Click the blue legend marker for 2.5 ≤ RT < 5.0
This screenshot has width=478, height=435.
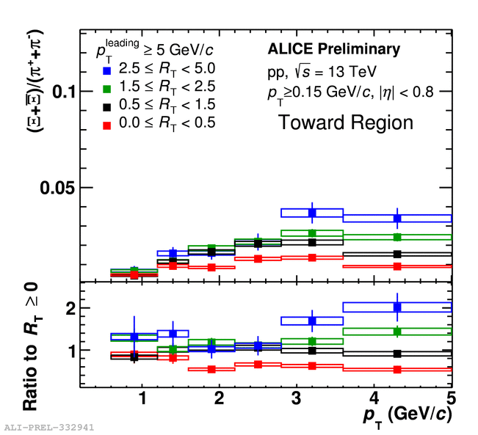(106, 71)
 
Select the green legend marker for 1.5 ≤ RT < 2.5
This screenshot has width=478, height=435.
(106, 89)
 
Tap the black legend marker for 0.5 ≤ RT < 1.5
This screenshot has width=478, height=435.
(106, 106)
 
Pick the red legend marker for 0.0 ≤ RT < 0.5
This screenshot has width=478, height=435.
(106, 123)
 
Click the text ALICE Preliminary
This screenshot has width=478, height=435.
(333, 50)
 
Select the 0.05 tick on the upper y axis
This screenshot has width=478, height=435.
(58, 188)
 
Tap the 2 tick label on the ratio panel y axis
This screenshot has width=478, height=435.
(71, 309)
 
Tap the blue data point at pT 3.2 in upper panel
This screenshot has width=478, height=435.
(312, 213)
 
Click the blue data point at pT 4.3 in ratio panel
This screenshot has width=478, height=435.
(397, 307)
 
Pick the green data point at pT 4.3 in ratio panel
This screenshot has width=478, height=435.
(397, 332)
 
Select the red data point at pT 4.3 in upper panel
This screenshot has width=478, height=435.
(397, 266)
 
